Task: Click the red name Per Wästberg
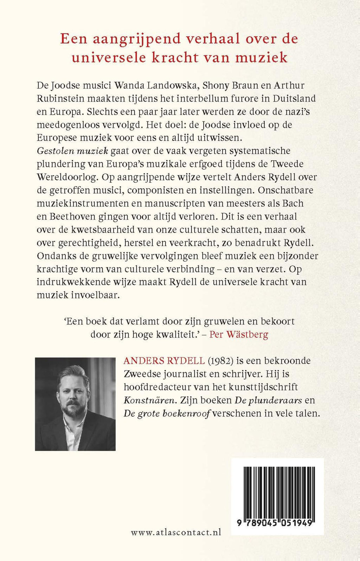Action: click(239, 334)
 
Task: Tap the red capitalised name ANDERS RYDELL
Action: click(164, 361)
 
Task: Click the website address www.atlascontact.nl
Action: click(176, 532)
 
